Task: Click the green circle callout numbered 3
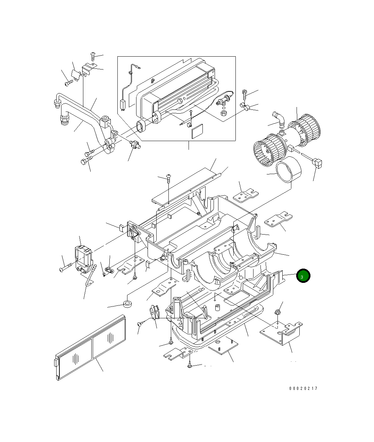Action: [x=302, y=276]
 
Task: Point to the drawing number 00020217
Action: [x=303, y=388]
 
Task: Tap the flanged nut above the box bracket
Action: [x=277, y=312]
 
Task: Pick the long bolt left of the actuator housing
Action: [x=66, y=269]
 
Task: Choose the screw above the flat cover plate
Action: [x=168, y=178]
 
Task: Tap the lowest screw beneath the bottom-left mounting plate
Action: [x=190, y=366]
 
